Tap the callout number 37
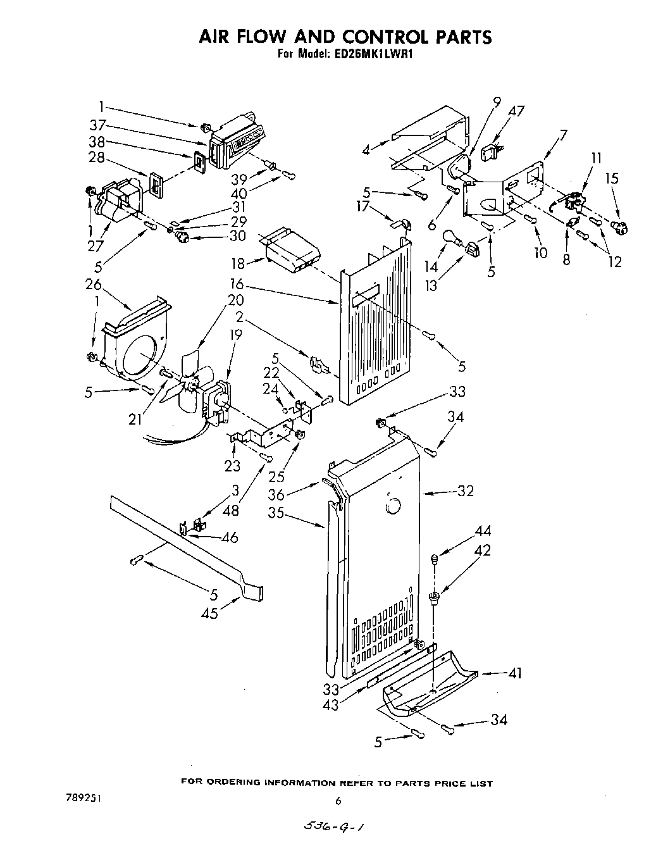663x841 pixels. tap(97, 124)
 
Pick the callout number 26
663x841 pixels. tap(94, 284)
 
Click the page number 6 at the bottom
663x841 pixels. tap(338, 801)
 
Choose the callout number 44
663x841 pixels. tap(483, 531)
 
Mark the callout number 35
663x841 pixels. tap(275, 513)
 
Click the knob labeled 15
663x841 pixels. tap(618, 226)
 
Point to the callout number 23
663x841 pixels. tap(233, 466)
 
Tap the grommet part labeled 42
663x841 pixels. tap(434, 597)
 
